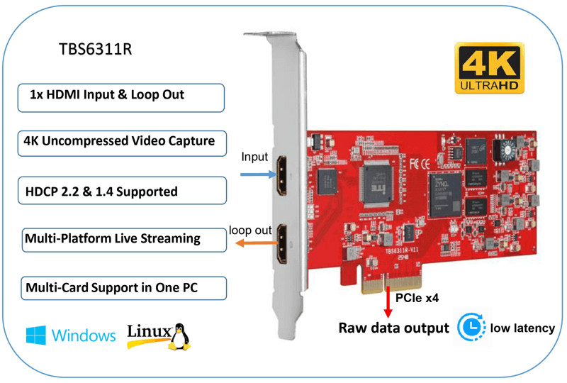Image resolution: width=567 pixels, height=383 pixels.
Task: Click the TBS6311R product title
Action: coord(96,51)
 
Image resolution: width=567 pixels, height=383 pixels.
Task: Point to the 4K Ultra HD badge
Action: coord(489,68)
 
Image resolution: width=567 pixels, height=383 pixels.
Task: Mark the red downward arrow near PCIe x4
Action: coord(388,302)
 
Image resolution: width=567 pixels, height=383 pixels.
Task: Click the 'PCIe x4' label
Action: coord(417,299)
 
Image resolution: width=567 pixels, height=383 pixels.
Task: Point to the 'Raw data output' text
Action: coord(393,328)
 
